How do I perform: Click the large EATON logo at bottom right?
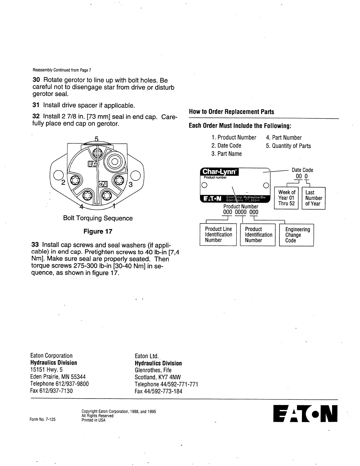(x=305, y=414)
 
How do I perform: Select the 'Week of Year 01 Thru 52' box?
(x=286, y=198)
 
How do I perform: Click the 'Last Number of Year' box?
(x=314, y=198)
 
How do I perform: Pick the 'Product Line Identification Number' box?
(x=218, y=235)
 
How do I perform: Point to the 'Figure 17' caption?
(x=98, y=231)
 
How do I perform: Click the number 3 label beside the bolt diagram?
(x=131, y=185)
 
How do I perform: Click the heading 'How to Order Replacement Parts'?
(x=231, y=112)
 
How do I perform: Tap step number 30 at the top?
(x=36, y=80)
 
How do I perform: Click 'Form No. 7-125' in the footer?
(x=43, y=420)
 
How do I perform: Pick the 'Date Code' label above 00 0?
(x=302, y=170)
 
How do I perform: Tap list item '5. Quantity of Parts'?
(x=288, y=146)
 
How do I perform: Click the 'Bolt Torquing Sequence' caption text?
(x=98, y=218)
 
